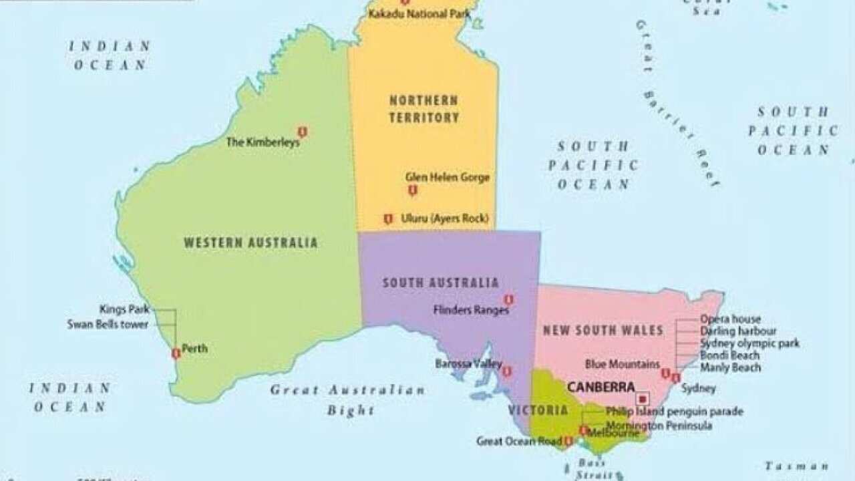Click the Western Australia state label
pyautogui.click(x=250, y=243)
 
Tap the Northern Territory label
pyautogui.click(x=424, y=109)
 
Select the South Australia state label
pyautogui.click(x=440, y=283)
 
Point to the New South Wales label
pyautogui.click(x=603, y=330)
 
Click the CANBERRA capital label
pyautogui.click(x=601, y=387)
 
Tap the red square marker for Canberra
pyautogui.click(x=643, y=398)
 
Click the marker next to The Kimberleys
pyautogui.click(x=302, y=132)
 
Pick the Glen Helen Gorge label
pyautogui.click(x=448, y=177)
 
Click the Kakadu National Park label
pyautogui.click(x=419, y=13)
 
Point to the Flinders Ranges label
pyautogui.click(x=471, y=310)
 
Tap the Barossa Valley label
pyautogui.click(x=468, y=364)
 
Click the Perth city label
pyautogui.click(x=194, y=348)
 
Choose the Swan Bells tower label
pyautogui.click(x=108, y=325)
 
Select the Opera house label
pyautogui.click(x=730, y=319)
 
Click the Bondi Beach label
pyautogui.click(x=729, y=355)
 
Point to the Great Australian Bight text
pyautogui.click(x=348, y=399)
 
